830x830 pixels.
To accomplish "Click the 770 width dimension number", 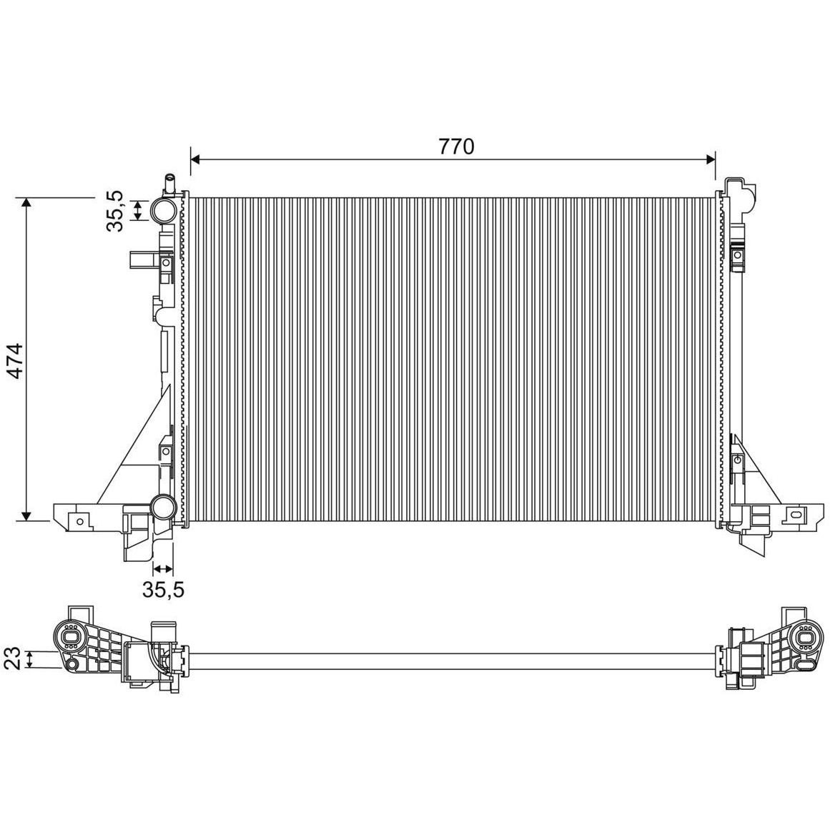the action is point(456,146).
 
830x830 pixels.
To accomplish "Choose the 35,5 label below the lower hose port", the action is point(163,589).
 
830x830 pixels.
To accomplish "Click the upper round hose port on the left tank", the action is point(164,210).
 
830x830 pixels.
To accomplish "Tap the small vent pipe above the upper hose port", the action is point(170,184).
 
